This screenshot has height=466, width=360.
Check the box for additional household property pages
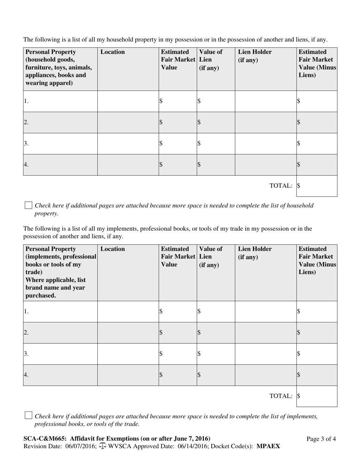coord(28,205)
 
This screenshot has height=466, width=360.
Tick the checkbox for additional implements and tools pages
coord(28,416)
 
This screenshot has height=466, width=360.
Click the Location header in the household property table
coord(113,52)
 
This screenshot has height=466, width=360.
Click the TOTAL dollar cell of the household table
coord(317,186)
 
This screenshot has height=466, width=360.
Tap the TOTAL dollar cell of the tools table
coord(317,396)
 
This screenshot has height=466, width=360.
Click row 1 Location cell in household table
coord(128,101)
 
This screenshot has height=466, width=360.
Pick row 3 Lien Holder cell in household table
coord(266,144)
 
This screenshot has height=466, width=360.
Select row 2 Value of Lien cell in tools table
coord(216,333)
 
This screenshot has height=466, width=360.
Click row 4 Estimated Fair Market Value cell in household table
coord(178,165)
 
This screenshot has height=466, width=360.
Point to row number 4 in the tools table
coord(26,375)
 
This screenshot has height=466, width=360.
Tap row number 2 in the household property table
coord(26,122)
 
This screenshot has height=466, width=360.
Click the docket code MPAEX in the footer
coord(268,446)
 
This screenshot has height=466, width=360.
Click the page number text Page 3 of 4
coord(321,439)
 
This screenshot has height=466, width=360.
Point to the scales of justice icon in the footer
coord(103,446)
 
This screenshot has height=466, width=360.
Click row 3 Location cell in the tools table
coord(128,354)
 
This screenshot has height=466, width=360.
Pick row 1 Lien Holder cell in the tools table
coord(266,311)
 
